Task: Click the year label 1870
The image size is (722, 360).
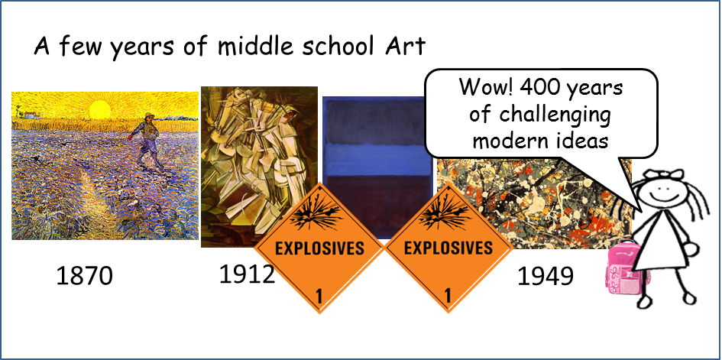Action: [x=84, y=276]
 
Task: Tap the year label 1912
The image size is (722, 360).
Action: [x=247, y=274]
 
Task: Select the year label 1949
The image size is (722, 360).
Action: [x=546, y=276]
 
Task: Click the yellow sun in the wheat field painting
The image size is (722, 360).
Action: [x=100, y=110]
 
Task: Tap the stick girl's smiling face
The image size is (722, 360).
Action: [x=660, y=188]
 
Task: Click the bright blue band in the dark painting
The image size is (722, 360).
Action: [x=377, y=159]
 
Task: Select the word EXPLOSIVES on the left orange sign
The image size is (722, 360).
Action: [x=319, y=248]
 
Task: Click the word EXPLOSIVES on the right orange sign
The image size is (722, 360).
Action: [x=448, y=248]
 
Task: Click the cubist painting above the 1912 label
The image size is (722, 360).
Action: [x=259, y=167]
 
